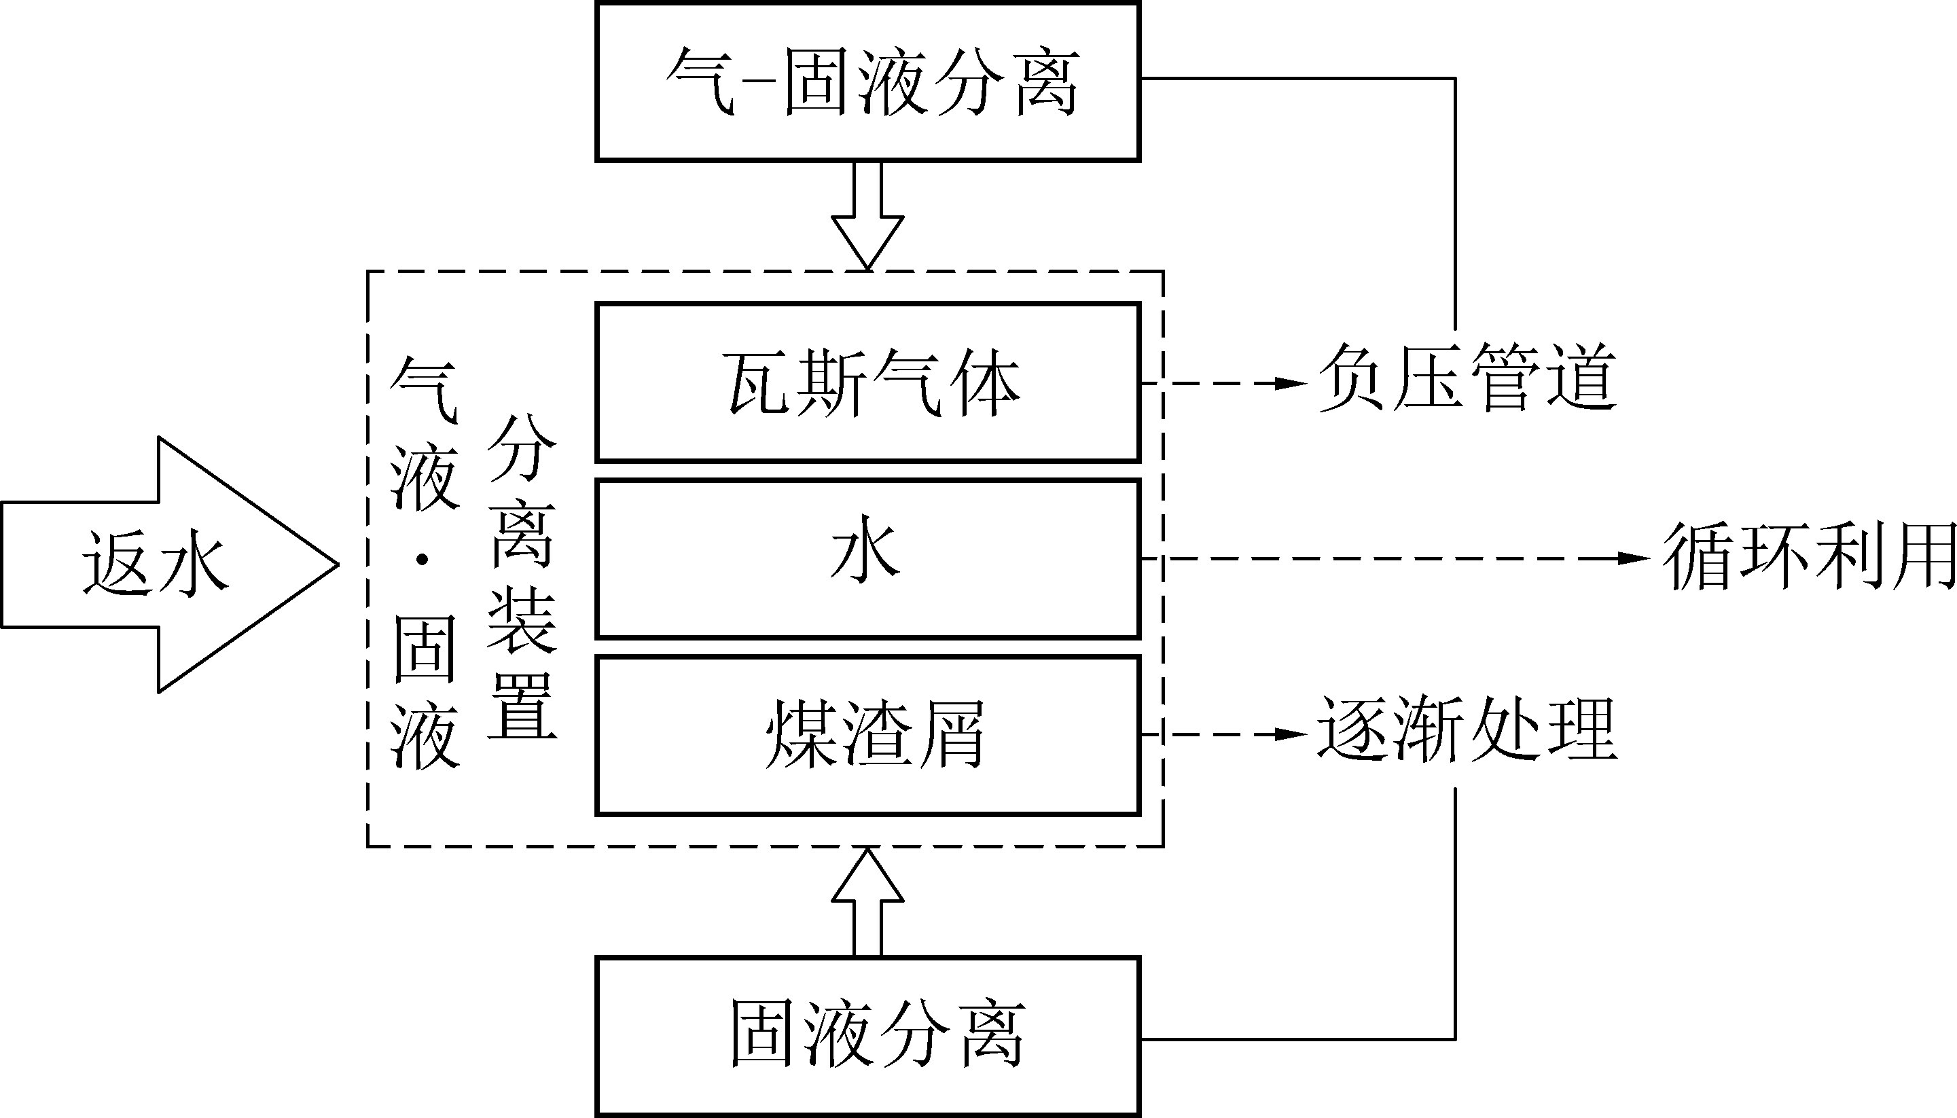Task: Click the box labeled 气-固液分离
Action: coord(867,82)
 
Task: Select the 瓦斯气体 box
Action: coord(867,382)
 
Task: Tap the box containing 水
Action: coord(867,558)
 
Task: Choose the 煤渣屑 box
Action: coord(867,734)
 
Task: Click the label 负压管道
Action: coord(1467,378)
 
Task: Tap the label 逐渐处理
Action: coord(1467,729)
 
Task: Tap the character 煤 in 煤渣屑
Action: coord(798,734)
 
